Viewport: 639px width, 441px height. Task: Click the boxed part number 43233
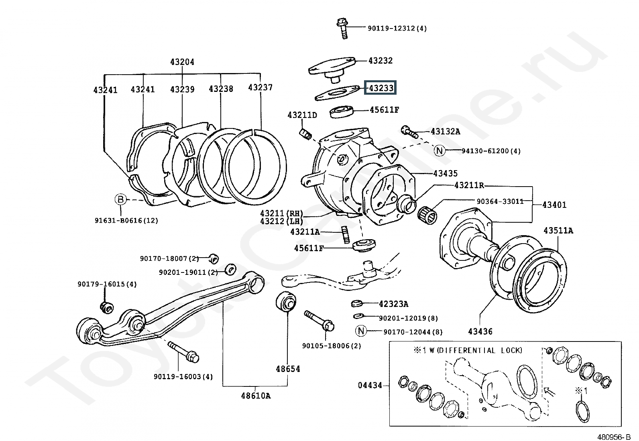point(380,87)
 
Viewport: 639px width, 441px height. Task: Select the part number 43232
point(381,61)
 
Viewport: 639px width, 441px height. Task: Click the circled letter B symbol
point(120,199)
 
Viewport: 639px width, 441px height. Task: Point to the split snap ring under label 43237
point(254,167)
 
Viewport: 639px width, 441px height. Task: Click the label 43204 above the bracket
point(182,62)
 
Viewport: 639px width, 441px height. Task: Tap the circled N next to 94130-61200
point(439,150)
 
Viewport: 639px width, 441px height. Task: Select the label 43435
point(445,173)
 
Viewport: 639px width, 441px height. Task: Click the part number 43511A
point(558,230)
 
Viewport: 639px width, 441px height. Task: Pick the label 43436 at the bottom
point(480,331)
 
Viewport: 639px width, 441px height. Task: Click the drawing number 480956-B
point(614,437)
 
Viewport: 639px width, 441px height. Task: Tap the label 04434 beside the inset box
point(370,385)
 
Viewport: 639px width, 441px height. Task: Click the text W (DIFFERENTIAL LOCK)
point(476,350)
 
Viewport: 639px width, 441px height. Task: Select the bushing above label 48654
point(286,301)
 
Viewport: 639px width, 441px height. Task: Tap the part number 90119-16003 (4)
point(183,376)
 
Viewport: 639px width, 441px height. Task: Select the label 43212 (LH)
point(281,221)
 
